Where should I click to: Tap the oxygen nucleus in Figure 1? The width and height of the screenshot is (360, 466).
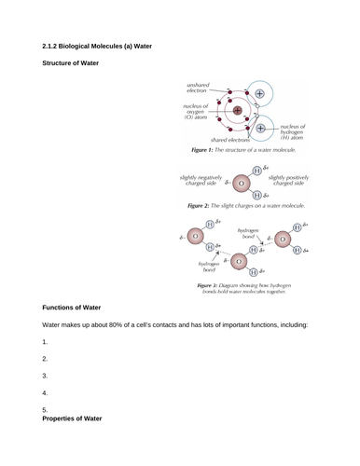(x=237, y=111)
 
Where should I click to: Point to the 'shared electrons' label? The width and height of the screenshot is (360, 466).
(x=210, y=138)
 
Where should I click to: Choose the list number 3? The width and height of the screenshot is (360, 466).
(x=45, y=376)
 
